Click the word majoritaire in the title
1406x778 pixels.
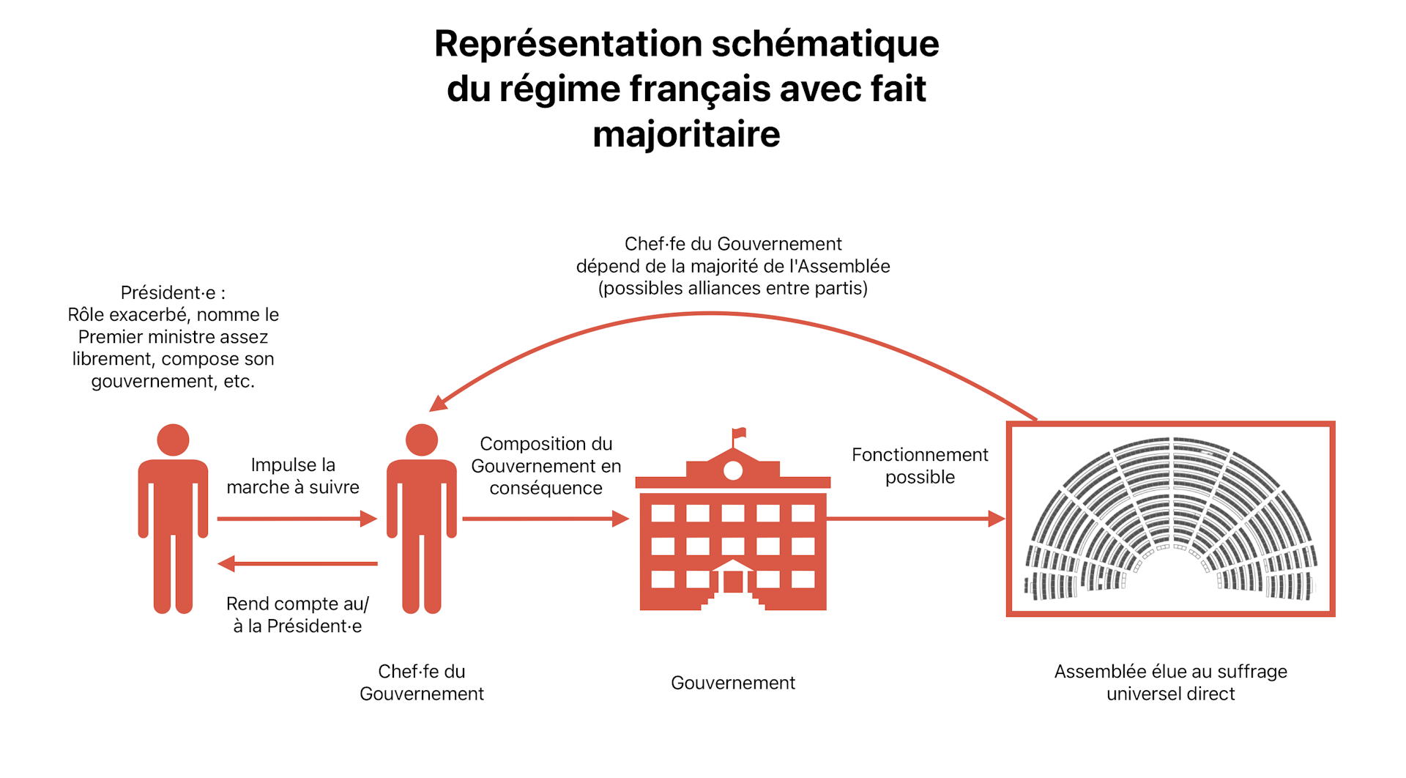pyautogui.click(x=686, y=135)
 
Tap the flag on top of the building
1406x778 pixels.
pyautogui.click(x=738, y=433)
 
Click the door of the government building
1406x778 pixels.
pyautogui.click(x=733, y=582)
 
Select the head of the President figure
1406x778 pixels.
pyautogui.click(x=173, y=440)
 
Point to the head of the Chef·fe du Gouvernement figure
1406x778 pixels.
pyautogui.click(x=422, y=440)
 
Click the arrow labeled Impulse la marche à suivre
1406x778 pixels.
pyautogui.click(x=297, y=519)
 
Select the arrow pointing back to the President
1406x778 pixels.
pyautogui.click(x=297, y=563)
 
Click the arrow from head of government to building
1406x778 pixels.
pyautogui.click(x=545, y=519)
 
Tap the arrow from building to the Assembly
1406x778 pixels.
pyautogui.click(x=915, y=519)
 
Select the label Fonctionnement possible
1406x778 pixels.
pyautogui.click(x=920, y=466)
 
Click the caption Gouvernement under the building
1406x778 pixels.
pyautogui.click(x=732, y=683)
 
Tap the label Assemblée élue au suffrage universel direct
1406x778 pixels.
pyautogui.click(x=1170, y=682)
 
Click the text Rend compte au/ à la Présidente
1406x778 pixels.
pyautogui.click(x=297, y=615)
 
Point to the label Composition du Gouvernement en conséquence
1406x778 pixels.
pyautogui.click(x=546, y=466)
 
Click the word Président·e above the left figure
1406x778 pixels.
pyautogui.click(x=168, y=293)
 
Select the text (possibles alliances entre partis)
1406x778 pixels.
pyautogui.click(x=732, y=289)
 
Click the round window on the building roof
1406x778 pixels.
pyautogui.click(x=732, y=471)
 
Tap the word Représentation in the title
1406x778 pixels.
pyautogui.click(x=567, y=44)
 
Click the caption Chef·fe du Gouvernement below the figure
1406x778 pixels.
pyautogui.click(x=422, y=682)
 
